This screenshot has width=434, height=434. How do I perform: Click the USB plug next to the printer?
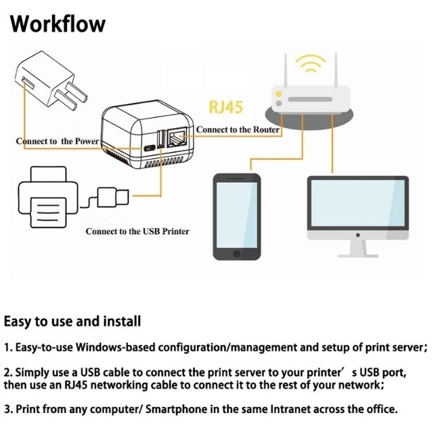click(112, 198)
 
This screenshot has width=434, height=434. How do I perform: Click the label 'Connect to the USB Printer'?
click(137, 232)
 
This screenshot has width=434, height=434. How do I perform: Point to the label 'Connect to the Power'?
click(58, 141)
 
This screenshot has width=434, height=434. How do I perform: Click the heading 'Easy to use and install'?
click(72, 321)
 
